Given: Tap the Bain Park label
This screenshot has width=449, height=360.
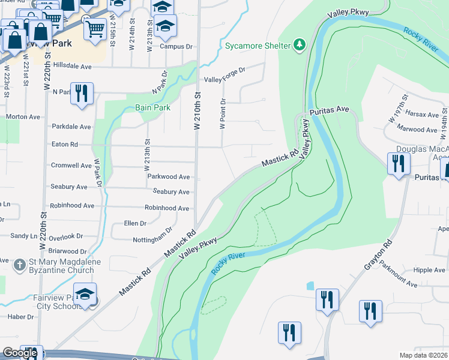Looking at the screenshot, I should [x=153, y=108].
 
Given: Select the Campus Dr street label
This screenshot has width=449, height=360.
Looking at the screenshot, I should [x=176, y=46].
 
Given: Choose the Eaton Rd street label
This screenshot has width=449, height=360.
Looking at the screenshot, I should [x=65, y=145].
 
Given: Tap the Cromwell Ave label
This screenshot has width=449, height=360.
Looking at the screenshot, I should [x=71, y=166].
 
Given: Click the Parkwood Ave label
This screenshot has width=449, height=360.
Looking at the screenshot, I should [x=169, y=177].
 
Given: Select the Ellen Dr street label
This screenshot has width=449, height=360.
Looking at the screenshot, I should [x=135, y=223].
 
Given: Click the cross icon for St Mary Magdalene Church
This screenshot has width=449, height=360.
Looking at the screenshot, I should [x=20, y=263].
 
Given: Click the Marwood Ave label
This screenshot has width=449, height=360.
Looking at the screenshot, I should [x=417, y=130].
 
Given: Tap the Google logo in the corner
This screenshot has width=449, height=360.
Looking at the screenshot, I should [x=19, y=353].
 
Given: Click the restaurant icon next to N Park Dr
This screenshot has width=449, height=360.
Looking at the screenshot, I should [x=82, y=93].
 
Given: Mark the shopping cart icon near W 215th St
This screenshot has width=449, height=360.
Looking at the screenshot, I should [x=95, y=28].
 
